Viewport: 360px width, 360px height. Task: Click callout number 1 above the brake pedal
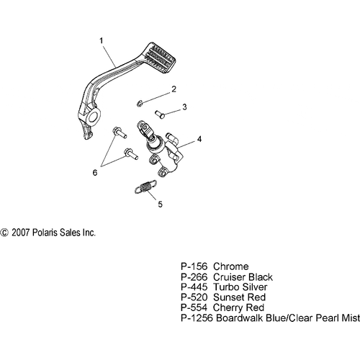(102, 40)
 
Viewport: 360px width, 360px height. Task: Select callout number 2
(174, 89)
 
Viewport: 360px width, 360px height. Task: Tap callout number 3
(184, 107)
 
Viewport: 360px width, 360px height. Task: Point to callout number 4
(199, 139)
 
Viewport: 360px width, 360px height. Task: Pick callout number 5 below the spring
(160, 204)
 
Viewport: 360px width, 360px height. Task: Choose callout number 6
(95, 173)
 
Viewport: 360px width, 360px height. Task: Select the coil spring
(145, 186)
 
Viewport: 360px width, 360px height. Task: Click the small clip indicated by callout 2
(140, 104)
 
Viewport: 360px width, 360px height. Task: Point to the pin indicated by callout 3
(160, 114)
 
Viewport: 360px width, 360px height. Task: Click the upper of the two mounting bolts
(120, 132)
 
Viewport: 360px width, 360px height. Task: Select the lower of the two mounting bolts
(130, 153)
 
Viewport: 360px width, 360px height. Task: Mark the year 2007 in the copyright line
(21, 233)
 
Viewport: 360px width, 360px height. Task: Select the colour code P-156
(194, 266)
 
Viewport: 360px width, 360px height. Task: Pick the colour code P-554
(194, 307)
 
